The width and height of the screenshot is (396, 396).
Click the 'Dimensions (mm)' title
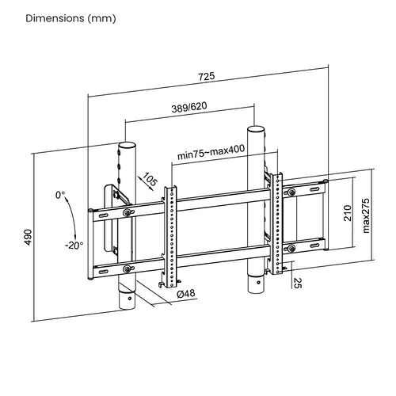[70, 18]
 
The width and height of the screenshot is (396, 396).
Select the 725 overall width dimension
[207, 76]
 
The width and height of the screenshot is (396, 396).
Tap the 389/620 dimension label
[189, 108]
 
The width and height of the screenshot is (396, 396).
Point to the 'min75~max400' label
[211, 152]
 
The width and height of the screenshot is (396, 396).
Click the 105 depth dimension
[150, 180]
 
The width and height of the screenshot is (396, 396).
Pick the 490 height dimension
[28, 237]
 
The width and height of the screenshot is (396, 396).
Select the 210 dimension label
[348, 213]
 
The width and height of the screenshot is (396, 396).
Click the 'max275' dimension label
[366, 215]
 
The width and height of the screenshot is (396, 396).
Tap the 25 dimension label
[298, 283]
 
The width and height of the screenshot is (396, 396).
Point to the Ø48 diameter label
[186, 294]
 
